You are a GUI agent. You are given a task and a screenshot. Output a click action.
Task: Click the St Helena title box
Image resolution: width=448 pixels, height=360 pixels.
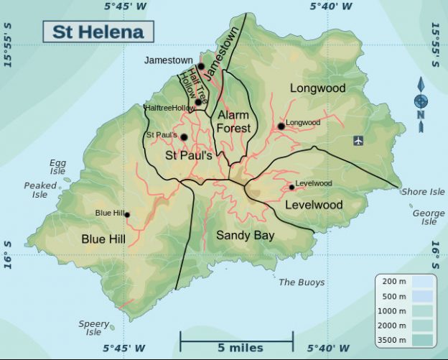click(x=98, y=31)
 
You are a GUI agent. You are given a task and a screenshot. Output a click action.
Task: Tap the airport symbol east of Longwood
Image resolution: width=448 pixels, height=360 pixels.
click(x=359, y=141)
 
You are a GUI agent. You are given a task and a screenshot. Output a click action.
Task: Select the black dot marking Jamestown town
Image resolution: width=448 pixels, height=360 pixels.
click(x=201, y=66)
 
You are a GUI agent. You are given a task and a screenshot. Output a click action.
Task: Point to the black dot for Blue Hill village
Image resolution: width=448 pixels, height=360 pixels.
click(x=127, y=215)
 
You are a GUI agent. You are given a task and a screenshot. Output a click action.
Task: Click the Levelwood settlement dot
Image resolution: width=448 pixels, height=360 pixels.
click(x=291, y=188)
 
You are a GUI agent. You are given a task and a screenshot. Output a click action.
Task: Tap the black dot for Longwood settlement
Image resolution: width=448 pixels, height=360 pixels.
click(x=281, y=126)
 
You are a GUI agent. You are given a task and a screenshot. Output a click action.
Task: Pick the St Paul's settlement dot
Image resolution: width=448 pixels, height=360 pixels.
click(x=184, y=137)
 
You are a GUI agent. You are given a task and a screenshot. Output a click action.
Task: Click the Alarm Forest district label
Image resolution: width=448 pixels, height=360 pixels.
click(x=233, y=121)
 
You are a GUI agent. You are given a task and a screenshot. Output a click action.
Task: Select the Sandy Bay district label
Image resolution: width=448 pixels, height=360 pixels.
click(x=246, y=235)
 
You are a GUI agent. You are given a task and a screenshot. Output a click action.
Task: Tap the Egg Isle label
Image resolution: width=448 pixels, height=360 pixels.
click(x=57, y=167)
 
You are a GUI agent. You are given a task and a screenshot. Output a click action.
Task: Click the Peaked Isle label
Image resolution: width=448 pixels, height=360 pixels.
click(x=40, y=190)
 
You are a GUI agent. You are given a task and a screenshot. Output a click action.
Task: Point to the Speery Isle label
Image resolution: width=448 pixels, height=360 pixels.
click(x=93, y=328)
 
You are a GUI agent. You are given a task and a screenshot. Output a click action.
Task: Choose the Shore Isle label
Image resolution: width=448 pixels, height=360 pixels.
click(x=423, y=192)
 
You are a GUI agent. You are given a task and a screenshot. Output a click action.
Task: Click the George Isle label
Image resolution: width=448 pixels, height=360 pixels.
click(x=429, y=217)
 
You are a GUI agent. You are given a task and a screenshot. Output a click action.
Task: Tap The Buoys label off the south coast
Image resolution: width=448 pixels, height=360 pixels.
click(x=302, y=282)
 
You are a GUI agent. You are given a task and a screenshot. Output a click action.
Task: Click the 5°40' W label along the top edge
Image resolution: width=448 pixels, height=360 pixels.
click(x=331, y=6)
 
